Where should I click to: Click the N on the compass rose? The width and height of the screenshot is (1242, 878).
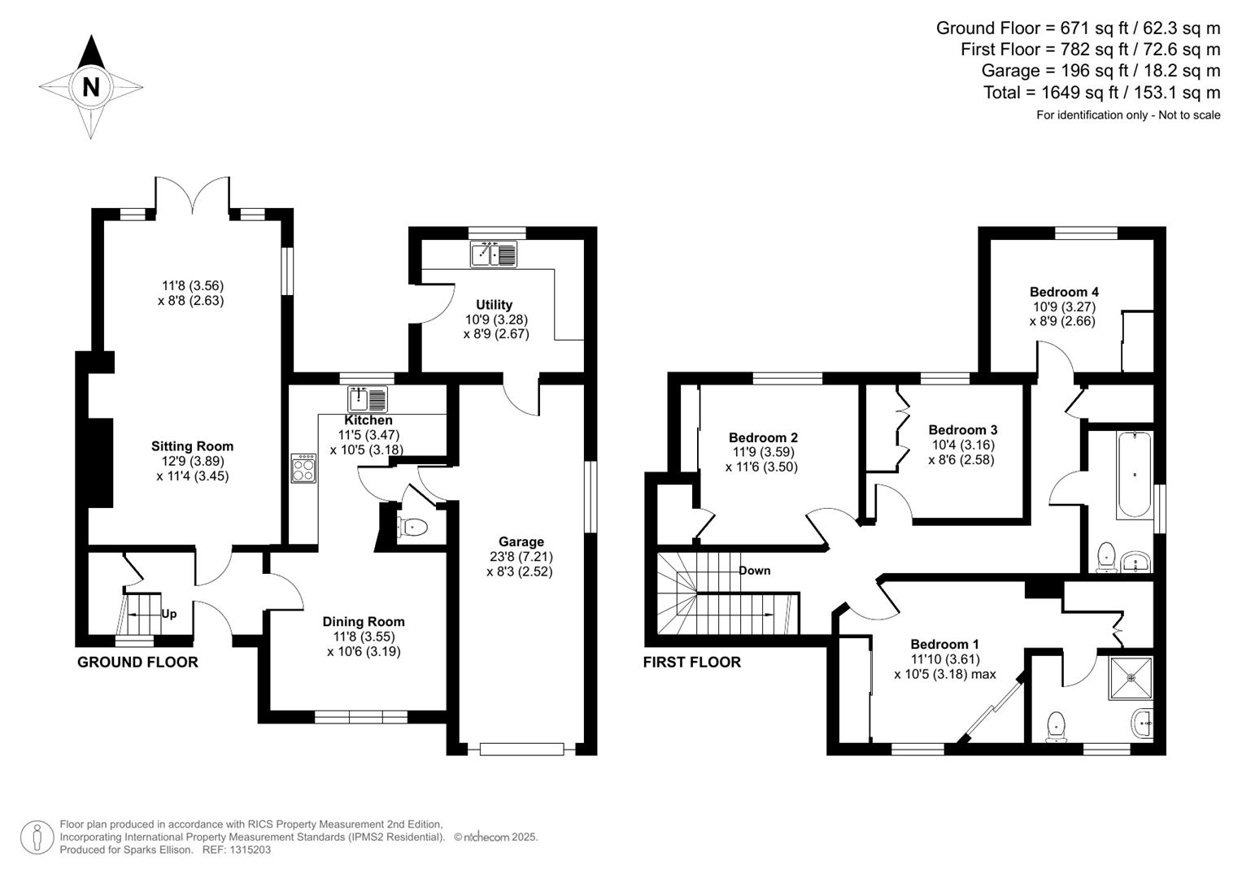[90, 86]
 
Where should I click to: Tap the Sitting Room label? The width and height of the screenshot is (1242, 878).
[192, 446]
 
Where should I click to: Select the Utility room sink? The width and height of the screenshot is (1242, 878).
[493, 254]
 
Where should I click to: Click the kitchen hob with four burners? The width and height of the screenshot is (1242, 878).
[303, 467]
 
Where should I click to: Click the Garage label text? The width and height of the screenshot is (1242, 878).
[521, 542]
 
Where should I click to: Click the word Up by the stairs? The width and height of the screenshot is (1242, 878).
[168, 614]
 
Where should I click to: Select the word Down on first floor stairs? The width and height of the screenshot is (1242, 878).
[754, 571]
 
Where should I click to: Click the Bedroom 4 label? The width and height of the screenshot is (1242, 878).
[1064, 292]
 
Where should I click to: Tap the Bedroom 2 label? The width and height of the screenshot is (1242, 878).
[762, 437]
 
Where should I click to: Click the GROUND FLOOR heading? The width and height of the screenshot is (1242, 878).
[137, 663]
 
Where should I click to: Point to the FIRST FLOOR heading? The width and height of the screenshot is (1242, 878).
[691, 663]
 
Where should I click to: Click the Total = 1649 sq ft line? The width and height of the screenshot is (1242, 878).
[1101, 93]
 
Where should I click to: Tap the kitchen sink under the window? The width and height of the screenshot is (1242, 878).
[368, 399]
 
